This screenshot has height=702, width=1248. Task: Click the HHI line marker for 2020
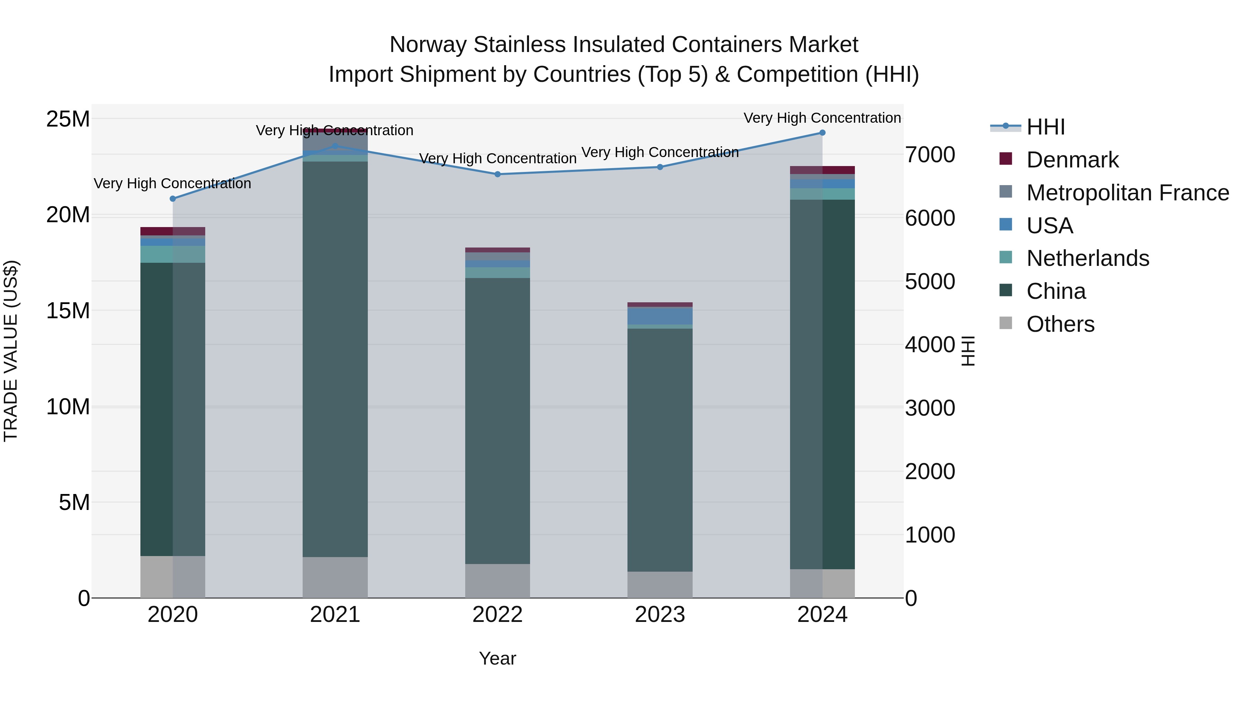(x=173, y=199)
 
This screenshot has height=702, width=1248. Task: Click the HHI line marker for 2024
(x=822, y=133)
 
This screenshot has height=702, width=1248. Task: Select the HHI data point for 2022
(x=497, y=174)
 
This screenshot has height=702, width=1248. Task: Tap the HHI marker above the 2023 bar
(x=660, y=167)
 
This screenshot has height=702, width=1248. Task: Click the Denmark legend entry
(x=1072, y=160)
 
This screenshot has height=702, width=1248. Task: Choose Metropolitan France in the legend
(x=1127, y=193)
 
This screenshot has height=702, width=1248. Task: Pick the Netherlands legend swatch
(x=1006, y=258)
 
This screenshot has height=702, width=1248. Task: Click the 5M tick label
(x=74, y=502)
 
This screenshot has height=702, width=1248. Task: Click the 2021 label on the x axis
(x=335, y=615)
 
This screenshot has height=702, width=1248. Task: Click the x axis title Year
(x=497, y=658)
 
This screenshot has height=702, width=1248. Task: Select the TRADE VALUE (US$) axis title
(x=11, y=351)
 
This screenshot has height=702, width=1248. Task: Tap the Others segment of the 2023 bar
(x=660, y=585)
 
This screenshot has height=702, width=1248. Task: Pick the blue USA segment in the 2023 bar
(x=660, y=316)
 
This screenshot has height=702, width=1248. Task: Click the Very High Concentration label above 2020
(x=173, y=184)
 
